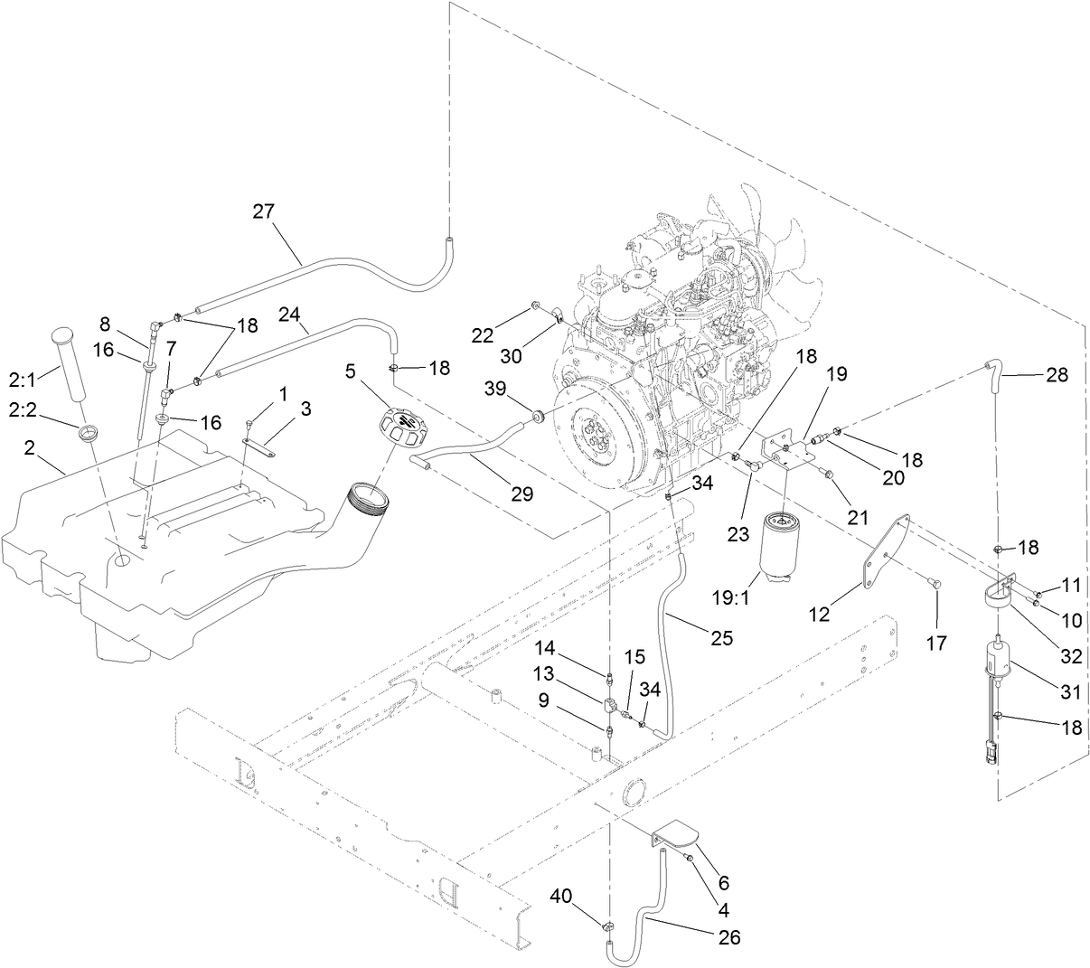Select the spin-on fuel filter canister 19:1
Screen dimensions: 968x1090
click(784, 548)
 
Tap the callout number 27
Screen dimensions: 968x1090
click(263, 211)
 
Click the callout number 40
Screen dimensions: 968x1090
click(561, 896)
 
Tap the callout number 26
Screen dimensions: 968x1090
click(728, 937)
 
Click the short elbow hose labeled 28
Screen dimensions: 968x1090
click(993, 375)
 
